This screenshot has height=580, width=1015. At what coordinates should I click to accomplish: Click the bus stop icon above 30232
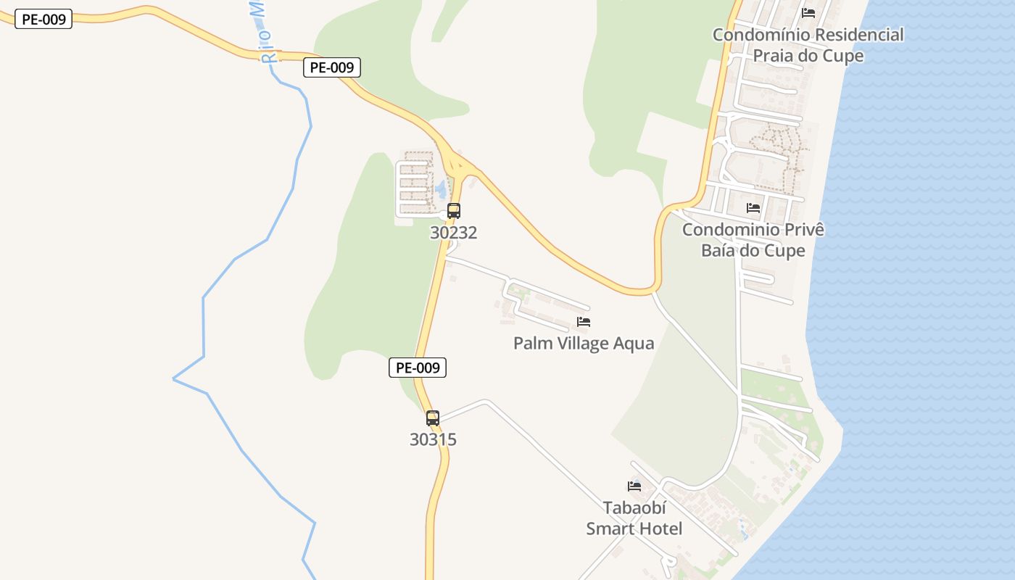pos(454,211)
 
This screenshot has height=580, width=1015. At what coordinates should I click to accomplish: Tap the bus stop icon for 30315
pos(433,418)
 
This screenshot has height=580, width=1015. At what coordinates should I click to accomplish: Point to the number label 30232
pos(453,233)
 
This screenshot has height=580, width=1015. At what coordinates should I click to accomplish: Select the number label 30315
pos(433,439)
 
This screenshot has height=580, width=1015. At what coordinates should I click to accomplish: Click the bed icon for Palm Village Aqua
pos(584,322)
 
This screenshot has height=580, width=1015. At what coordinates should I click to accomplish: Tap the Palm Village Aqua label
pos(584,344)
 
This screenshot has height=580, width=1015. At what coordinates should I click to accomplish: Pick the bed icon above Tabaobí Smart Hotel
pos(634,486)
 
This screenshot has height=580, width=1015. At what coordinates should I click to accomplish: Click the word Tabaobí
pos(634,507)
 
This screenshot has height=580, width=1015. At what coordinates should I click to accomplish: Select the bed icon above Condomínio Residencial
pos(808,13)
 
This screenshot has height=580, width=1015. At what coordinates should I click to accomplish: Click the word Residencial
pos(858,35)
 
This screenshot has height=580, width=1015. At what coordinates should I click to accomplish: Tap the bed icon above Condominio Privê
pos(753,208)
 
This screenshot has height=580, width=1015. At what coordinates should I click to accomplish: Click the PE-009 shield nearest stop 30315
pos(418,368)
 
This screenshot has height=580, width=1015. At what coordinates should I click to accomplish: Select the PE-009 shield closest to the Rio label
pos(331,67)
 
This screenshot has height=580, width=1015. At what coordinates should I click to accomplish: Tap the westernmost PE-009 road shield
pos(43,20)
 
